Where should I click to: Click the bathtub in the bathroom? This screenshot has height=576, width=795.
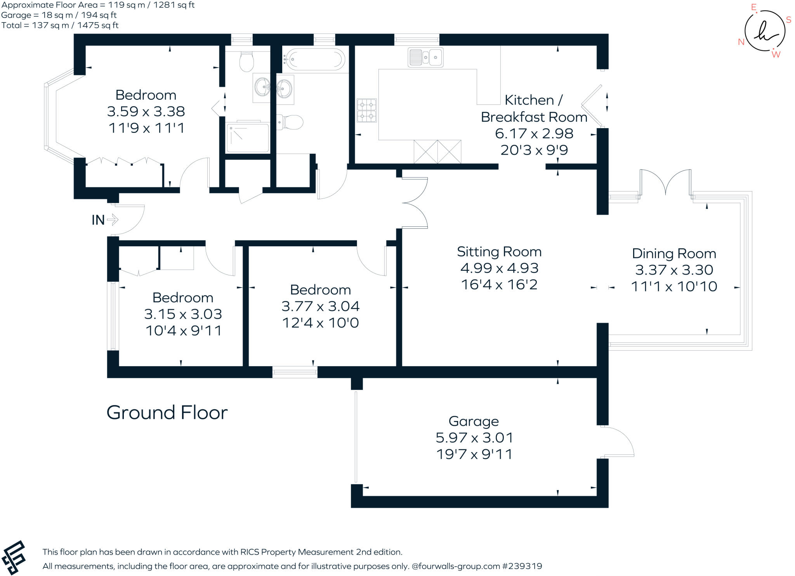click(x=314, y=60)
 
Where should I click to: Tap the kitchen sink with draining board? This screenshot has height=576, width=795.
click(x=425, y=57)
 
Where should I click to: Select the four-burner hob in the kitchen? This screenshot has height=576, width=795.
click(x=366, y=110)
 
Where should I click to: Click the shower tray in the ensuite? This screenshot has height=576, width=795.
click(x=248, y=137)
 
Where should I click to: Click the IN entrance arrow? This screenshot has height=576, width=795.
click(x=112, y=220)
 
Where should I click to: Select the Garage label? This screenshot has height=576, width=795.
click(x=474, y=421)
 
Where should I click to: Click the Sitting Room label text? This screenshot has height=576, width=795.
click(x=499, y=252)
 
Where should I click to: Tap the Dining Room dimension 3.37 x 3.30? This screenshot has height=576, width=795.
click(x=674, y=270)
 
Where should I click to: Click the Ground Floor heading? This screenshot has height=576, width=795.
click(x=167, y=412)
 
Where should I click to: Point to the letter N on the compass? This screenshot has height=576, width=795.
click(x=741, y=42)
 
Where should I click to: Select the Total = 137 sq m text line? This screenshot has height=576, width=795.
click(x=60, y=26)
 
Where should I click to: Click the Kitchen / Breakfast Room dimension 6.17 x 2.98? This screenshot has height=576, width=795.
click(x=534, y=134)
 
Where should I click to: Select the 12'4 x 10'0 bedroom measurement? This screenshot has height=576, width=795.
click(x=320, y=323)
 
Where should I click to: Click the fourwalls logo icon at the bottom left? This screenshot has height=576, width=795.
click(x=14, y=557)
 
